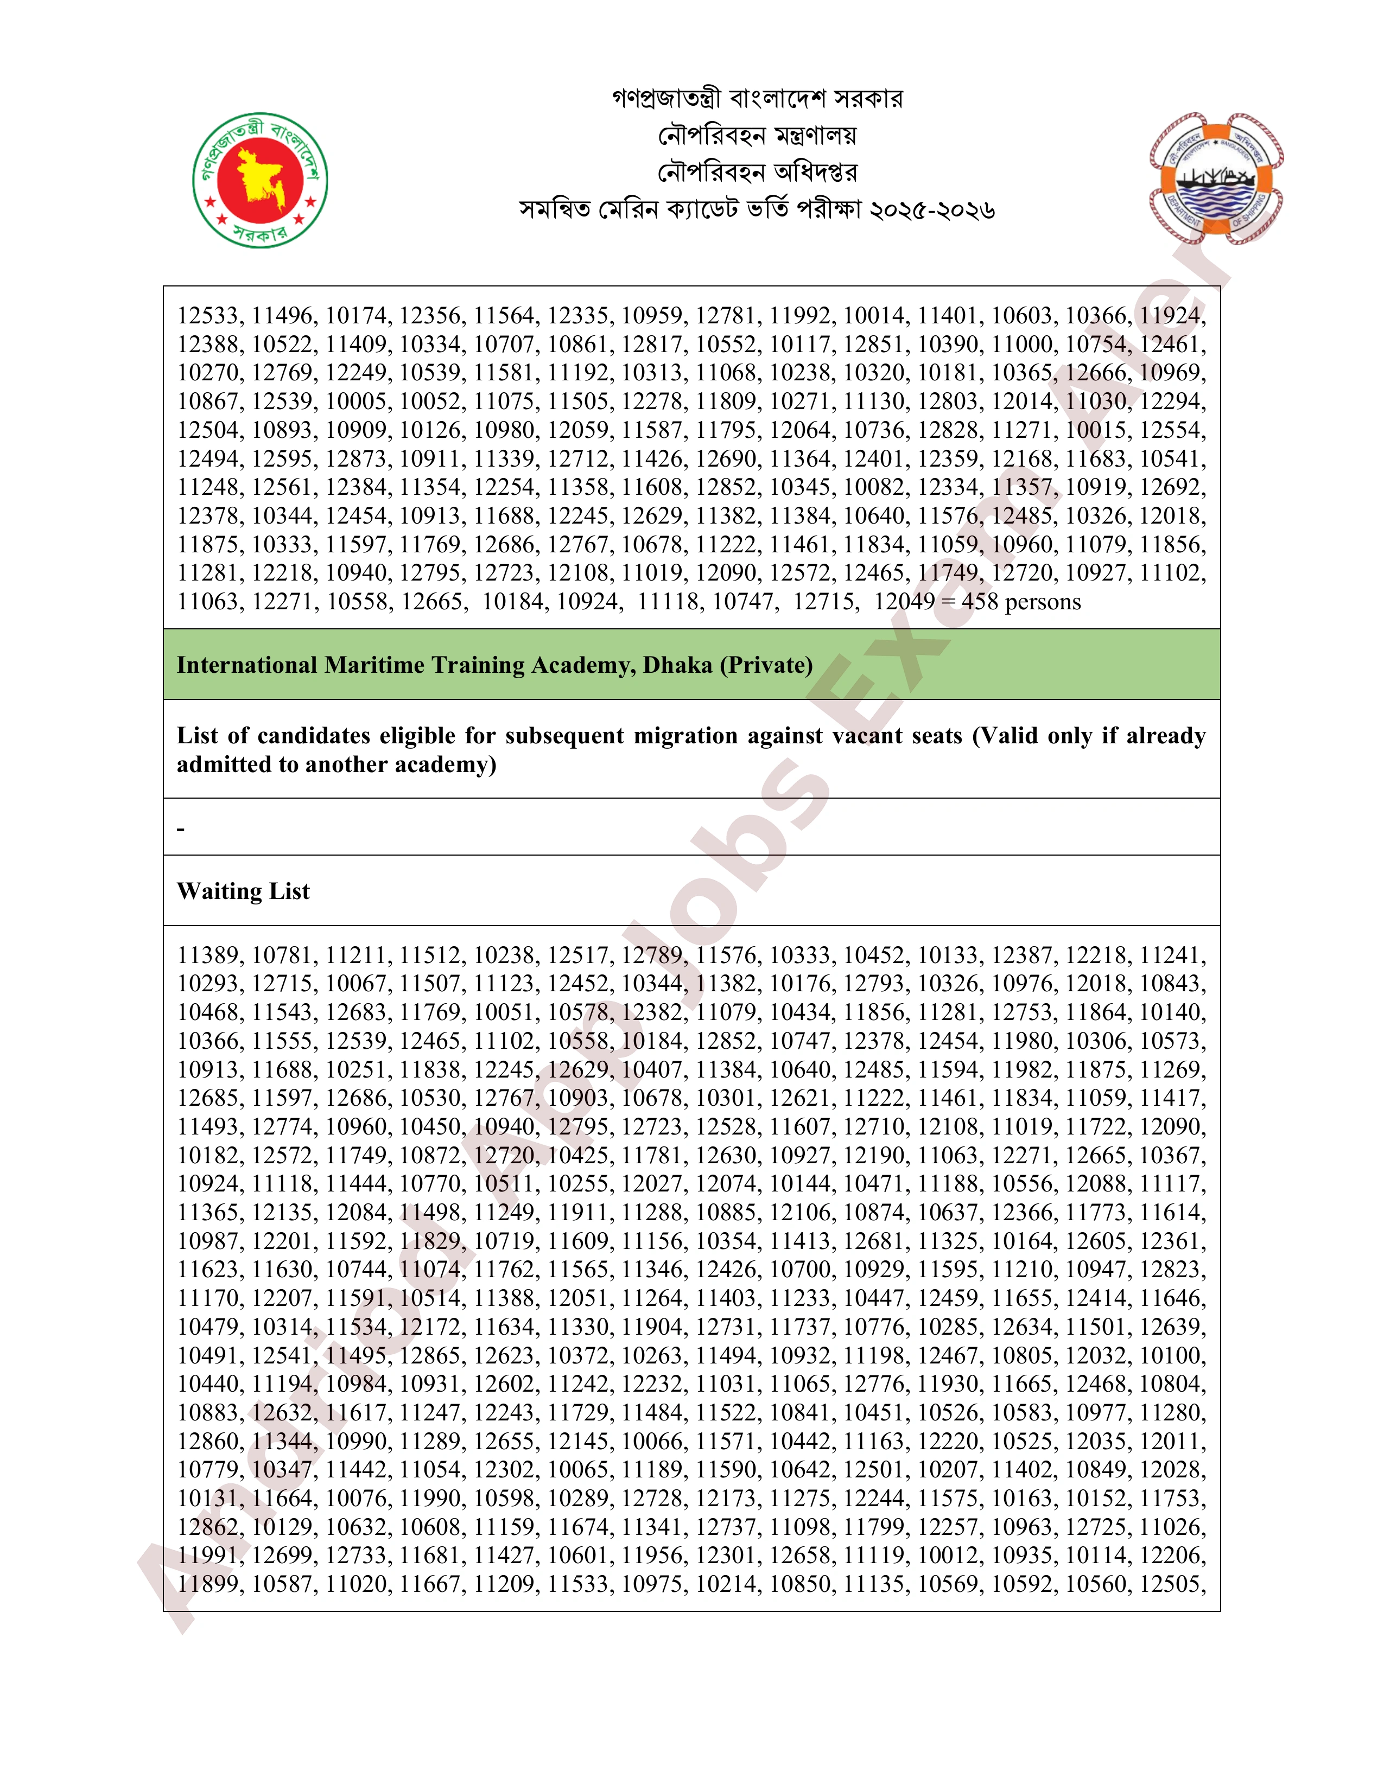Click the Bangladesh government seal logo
(x=260, y=180)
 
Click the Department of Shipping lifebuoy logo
(x=1216, y=180)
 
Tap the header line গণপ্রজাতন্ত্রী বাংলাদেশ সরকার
(x=757, y=98)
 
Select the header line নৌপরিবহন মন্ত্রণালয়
(x=757, y=135)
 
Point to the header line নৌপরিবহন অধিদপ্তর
(x=757, y=172)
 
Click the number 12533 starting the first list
(x=209, y=316)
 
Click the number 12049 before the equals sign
(x=904, y=602)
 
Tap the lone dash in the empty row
(x=181, y=829)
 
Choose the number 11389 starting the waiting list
(x=209, y=955)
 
